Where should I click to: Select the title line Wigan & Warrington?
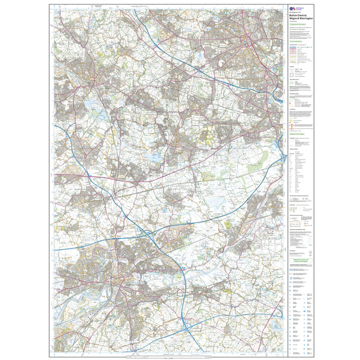[298, 19]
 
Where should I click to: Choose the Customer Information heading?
[297, 25]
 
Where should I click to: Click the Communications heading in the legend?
[296, 41]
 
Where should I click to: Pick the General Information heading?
[297, 134]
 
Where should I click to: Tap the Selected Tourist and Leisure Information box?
[301, 261]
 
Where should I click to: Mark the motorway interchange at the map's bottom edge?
[186, 328]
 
